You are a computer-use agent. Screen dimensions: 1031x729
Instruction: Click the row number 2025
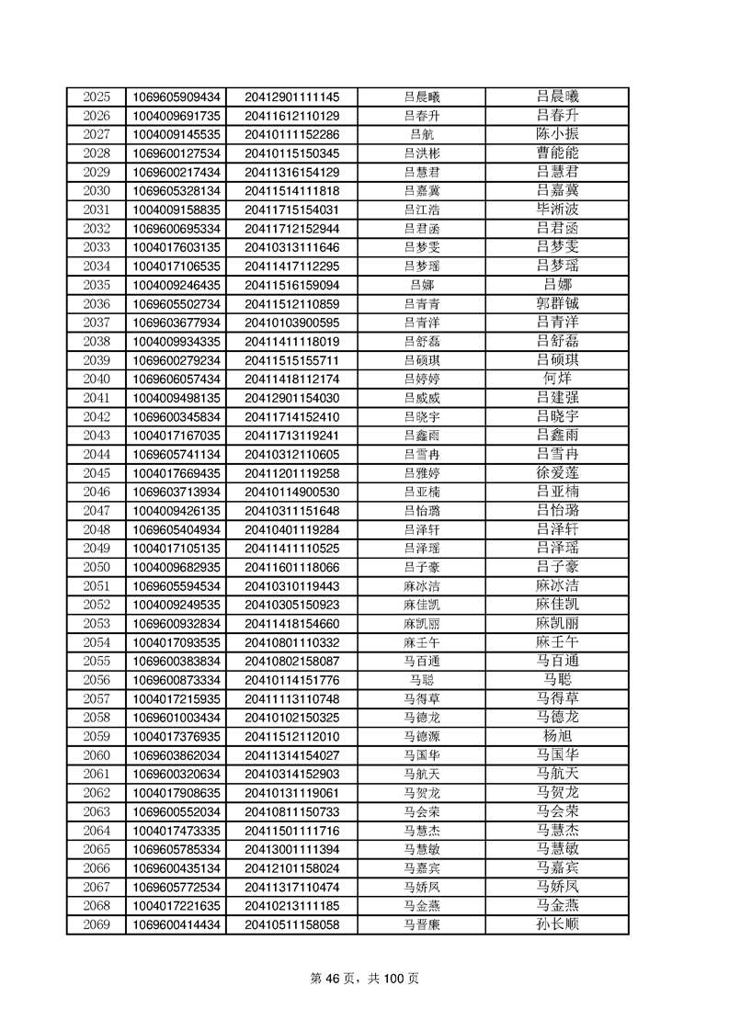(97, 97)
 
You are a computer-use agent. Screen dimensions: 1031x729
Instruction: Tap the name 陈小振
(557, 134)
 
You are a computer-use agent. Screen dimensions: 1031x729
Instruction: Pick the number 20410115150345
(291, 153)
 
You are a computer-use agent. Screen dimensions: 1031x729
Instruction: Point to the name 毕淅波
(557, 210)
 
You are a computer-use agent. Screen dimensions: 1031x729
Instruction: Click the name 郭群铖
(557, 304)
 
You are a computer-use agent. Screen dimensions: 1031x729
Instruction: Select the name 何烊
(557, 379)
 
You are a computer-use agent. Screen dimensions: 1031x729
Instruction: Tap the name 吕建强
(557, 398)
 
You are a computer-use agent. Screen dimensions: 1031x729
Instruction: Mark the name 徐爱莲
(557, 473)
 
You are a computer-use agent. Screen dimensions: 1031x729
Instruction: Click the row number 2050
(97, 567)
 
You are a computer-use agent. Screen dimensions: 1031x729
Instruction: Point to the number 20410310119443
(291, 586)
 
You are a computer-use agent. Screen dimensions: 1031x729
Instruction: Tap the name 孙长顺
(557, 924)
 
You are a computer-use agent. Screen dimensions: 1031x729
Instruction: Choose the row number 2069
(97, 924)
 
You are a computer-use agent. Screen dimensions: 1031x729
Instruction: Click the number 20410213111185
(291, 906)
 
